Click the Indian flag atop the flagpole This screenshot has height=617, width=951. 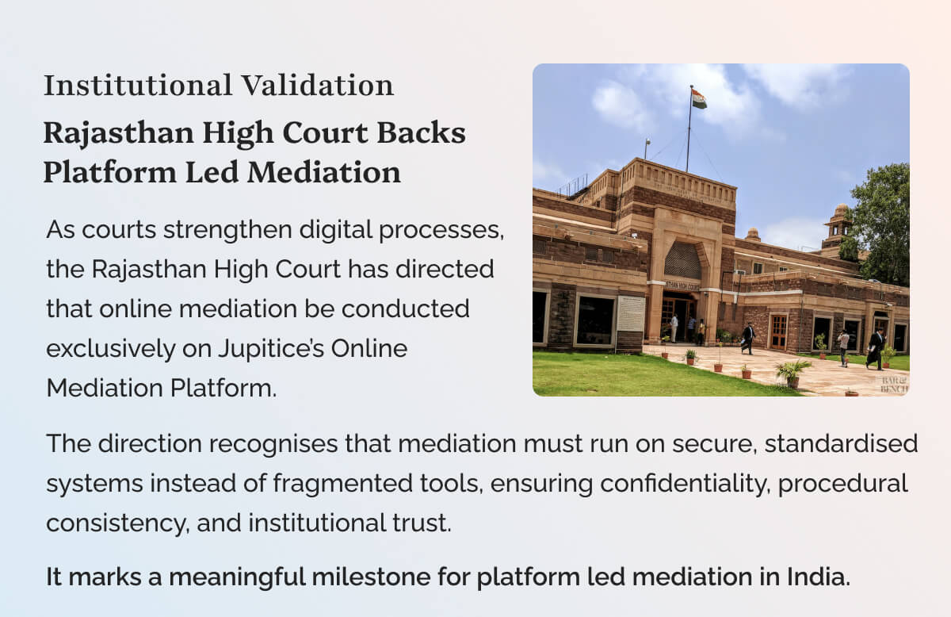click(x=699, y=98)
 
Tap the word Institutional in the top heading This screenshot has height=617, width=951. click(x=138, y=85)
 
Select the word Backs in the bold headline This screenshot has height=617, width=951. click(x=421, y=133)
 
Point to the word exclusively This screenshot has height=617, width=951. click(x=110, y=348)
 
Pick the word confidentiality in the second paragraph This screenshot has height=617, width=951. click(x=686, y=484)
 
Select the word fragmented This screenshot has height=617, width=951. click(x=342, y=484)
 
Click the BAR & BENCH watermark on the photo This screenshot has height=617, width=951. click(x=894, y=385)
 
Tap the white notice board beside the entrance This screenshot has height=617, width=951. click(x=631, y=313)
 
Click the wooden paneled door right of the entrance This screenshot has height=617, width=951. click(x=778, y=331)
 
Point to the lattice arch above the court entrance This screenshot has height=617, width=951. click(x=682, y=260)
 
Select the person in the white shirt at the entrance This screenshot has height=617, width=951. click(x=674, y=328)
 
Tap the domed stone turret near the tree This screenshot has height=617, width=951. click(x=838, y=225)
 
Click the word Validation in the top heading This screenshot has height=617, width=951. click(x=318, y=85)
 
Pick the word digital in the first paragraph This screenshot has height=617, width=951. click(x=336, y=230)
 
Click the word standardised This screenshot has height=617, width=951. click(x=841, y=443)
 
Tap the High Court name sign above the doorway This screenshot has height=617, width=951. click(x=682, y=286)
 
